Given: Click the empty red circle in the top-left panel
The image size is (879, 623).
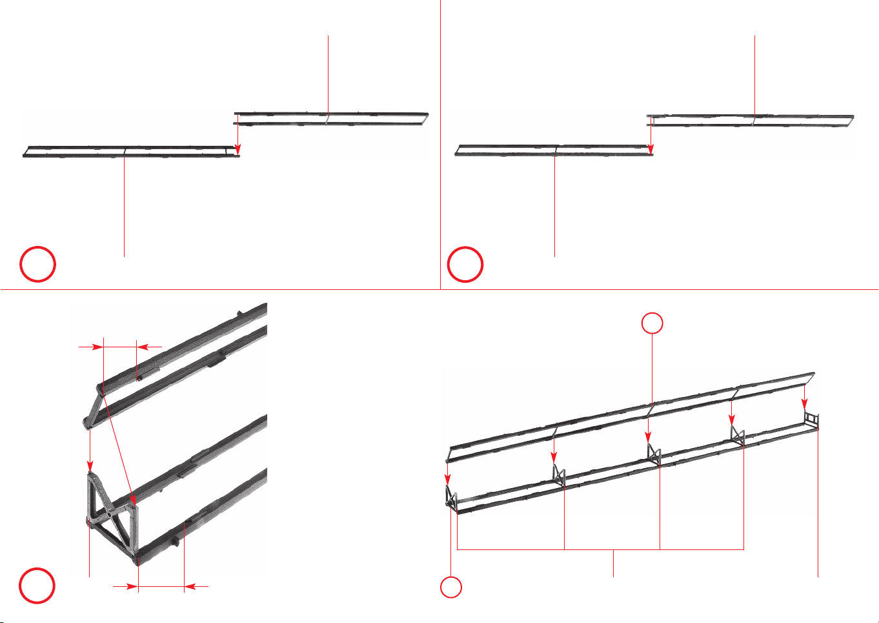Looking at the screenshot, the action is click(x=37, y=265).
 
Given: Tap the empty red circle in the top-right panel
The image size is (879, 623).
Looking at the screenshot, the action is click(x=465, y=265).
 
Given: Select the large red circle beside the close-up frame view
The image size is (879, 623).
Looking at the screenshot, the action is click(x=37, y=586).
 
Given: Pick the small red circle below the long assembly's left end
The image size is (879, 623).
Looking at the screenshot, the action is click(x=451, y=587).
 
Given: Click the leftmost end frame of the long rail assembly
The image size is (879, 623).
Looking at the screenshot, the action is click(x=450, y=499).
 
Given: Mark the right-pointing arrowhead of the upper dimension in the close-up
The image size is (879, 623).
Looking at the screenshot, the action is click(x=98, y=347).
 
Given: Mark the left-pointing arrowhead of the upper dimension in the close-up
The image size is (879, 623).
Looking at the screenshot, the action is click(x=143, y=347).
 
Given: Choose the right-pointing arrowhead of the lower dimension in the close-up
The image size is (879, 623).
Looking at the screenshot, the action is click(x=133, y=587).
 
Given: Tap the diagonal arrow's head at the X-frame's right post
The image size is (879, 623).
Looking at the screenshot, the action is click(x=132, y=498).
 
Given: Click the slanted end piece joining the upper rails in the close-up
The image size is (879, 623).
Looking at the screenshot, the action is click(x=93, y=406).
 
